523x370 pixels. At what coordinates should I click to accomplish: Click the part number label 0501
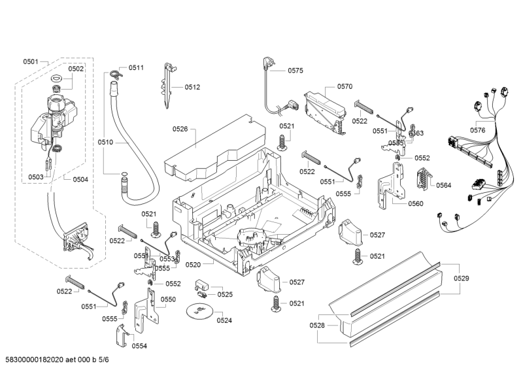[x=30, y=61]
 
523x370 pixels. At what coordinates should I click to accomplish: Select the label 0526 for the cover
[x=180, y=129]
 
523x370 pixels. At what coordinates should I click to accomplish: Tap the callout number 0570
[x=345, y=86]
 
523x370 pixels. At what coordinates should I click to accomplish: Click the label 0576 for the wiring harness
[x=478, y=130]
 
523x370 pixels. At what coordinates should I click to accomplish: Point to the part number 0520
[x=210, y=265]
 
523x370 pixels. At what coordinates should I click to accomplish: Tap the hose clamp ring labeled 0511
[x=116, y=73]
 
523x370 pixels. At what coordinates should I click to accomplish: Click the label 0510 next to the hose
[x=105, y=141]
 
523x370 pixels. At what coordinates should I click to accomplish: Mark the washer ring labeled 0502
[x=57, y=80]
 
